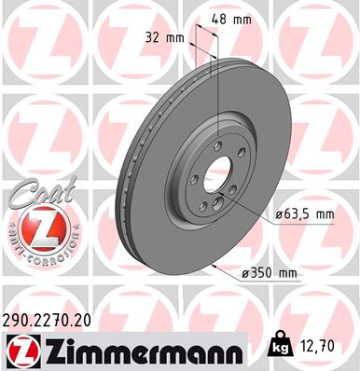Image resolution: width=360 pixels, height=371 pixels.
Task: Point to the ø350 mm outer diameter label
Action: click(x=268, y=272)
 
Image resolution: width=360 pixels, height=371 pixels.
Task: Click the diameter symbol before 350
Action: click(x=244, y=272)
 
